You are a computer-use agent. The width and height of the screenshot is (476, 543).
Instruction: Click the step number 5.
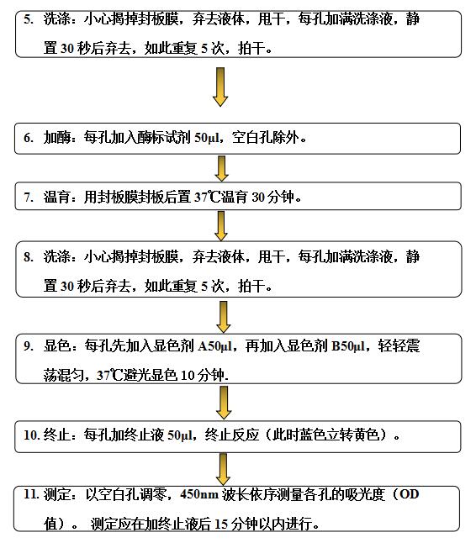[x=29, y=19]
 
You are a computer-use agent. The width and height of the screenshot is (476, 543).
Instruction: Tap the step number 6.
[x=29, y=138]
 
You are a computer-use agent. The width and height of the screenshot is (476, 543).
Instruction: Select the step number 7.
[x=29, y=197]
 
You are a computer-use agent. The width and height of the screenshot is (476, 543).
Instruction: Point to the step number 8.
[x=29, y=257]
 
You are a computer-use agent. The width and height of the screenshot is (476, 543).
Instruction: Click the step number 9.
[x=29, y=346]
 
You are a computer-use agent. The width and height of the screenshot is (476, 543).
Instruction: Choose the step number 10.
[x=32, y=435]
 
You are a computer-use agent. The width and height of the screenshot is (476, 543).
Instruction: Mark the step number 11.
[x=31, y=494]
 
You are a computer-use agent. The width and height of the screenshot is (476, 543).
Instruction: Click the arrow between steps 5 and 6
[x=220, y=87]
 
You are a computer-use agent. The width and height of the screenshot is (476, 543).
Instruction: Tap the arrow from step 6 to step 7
[x=221, y=168]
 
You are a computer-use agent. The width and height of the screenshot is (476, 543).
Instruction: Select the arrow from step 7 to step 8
[x=221, y=226]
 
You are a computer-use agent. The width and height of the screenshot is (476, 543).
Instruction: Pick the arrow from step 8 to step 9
[x=224, y=317]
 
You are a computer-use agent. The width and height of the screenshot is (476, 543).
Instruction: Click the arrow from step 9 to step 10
[x=224, y=403]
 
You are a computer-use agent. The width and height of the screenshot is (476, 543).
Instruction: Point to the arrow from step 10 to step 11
[x=224, y=469]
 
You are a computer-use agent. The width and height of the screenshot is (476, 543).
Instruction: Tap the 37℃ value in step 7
[x=207, y=197]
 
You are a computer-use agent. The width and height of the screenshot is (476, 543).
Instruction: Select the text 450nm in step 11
[x=199, y=494]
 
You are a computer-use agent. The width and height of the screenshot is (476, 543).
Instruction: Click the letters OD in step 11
[x=409, y=493]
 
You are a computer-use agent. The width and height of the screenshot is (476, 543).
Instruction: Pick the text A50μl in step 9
[x=214, y=346]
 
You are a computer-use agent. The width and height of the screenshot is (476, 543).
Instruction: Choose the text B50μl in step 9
[x=348, y=346]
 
